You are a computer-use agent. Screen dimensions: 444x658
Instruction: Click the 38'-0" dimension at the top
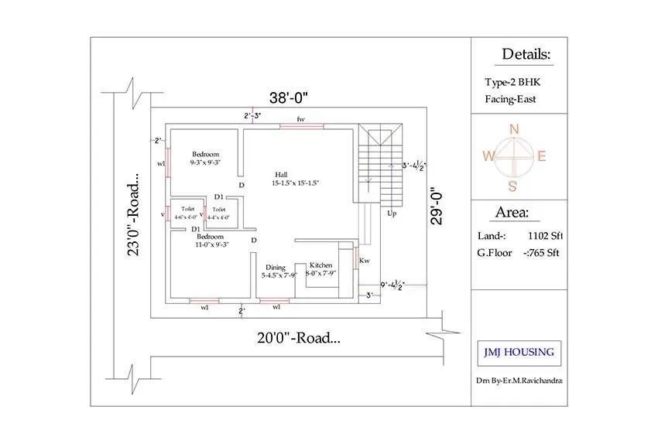[x=289, y=97]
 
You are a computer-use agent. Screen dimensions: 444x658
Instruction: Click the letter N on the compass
[x=512, y=129]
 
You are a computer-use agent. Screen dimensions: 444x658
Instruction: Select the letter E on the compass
[x=542, y=156]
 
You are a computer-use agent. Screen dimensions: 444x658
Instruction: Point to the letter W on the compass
[x=488, y=156]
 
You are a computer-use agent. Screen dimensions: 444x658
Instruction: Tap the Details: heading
[x=526, y=54]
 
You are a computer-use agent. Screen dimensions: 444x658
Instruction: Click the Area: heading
[x=512, y=213]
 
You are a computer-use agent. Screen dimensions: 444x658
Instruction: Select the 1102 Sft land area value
[x=543, y=236]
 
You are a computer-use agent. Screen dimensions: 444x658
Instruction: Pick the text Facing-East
[x=510, y=99]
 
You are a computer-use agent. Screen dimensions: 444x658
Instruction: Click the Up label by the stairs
[x=392, y=213]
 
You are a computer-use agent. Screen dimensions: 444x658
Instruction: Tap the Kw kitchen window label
[x=364, y=261]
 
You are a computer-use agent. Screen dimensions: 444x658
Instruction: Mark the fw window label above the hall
[x=301, y=119]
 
